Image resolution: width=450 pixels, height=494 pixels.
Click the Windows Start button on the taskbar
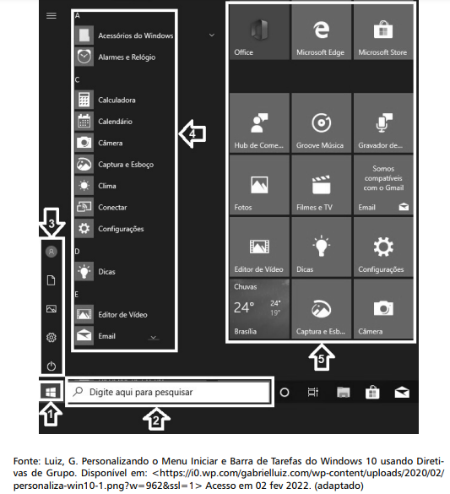51,392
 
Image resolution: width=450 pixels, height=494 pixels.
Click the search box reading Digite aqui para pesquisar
170,392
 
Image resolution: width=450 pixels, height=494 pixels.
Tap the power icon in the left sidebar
52,366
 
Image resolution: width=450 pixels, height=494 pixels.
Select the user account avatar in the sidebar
52,252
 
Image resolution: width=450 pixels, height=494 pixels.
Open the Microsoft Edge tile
321,32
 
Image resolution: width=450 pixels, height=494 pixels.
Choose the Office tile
259,32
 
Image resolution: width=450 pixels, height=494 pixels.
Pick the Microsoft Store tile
383,32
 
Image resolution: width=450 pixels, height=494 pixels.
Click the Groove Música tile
321,123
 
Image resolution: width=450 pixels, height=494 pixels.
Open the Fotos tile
259,185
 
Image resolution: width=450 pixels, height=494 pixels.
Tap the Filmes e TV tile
321,185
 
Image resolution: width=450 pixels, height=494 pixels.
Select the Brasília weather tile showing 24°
259,309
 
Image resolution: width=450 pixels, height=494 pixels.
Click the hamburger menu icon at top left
52,16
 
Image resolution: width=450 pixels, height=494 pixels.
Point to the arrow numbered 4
192,134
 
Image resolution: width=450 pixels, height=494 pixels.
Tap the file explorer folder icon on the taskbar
344,393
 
